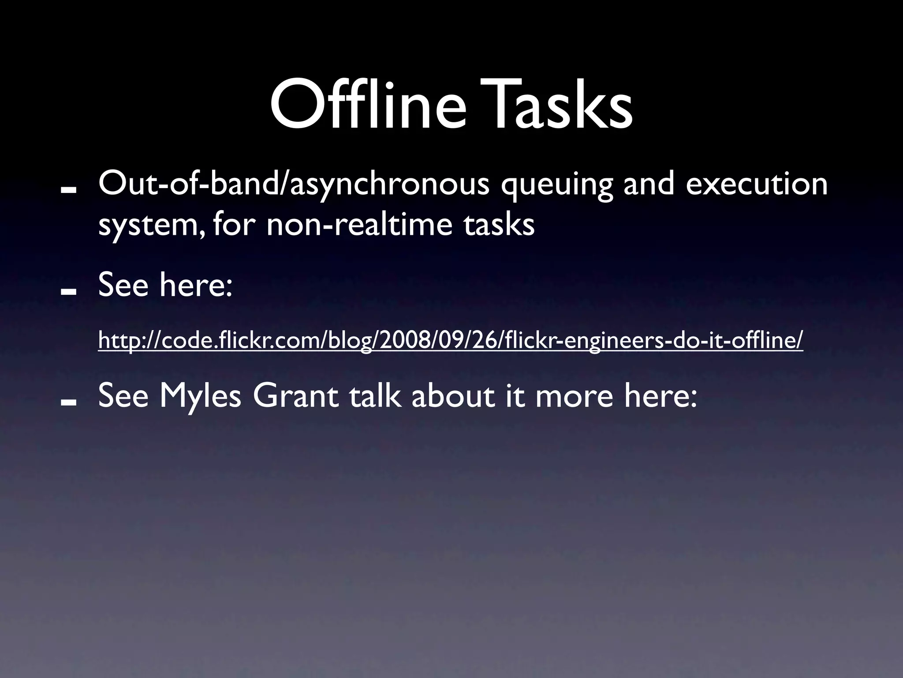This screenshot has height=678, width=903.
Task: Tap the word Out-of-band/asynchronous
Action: coord(294,185)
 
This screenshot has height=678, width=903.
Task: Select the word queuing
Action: coord(556,185)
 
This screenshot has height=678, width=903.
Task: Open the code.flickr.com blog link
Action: coord(450,340)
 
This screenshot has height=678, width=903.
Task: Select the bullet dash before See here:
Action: coord(69,292)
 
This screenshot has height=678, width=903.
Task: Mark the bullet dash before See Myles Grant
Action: coord(69,402)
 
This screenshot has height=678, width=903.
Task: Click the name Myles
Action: coord(200,396)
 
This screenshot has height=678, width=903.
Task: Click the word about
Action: coord(452,395)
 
